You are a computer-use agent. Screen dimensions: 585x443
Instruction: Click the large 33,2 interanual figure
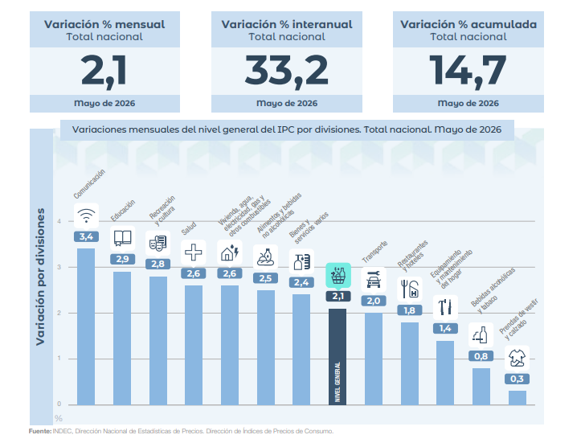[x=287, y=71]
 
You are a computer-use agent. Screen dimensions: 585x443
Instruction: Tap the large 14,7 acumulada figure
[x=468, y=71]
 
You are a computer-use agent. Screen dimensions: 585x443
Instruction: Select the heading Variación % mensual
[x=104, y=24]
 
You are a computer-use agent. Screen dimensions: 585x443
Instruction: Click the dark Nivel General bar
[x=337, y=356]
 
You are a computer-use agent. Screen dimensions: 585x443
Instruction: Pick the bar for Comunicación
[x=86, y=326]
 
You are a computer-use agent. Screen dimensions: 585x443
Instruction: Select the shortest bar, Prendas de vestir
[x=517, y=397]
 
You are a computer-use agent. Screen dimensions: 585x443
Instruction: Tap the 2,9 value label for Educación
[x=122, y=259]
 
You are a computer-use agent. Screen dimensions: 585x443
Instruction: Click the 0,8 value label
[x=481, y=356]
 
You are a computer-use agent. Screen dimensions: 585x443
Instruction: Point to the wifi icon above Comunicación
[x=86, y=215]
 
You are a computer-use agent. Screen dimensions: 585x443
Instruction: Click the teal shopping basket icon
[x=338, y=276]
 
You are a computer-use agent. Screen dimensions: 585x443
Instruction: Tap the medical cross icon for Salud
[x=193, y=252]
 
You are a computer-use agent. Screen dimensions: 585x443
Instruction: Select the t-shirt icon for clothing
[x=517, y=358]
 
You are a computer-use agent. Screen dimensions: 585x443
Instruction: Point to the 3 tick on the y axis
[x=59, y=267]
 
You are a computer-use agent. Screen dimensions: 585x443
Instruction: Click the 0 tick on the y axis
[x=59, y=404]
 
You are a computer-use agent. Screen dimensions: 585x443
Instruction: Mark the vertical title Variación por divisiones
[x=40, y=277]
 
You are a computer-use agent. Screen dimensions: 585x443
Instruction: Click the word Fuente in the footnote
[x=40, y=431]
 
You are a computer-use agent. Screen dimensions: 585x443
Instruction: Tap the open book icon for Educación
[x=122, y=239]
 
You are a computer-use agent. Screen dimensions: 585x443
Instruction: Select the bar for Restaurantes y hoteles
[x=410, y=363]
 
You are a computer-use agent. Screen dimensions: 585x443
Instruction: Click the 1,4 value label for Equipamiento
[x=445, y=328]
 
